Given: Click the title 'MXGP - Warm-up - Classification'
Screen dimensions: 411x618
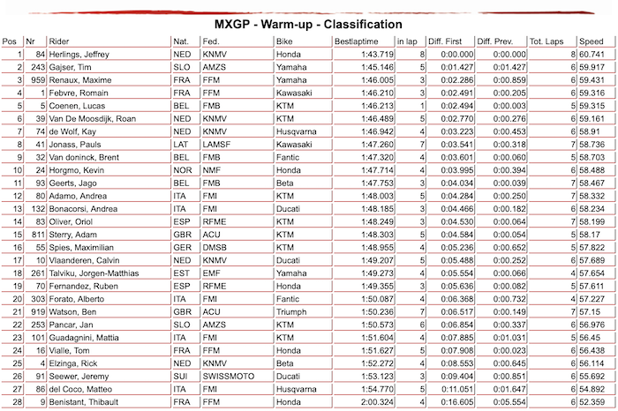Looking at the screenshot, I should pos(309,24).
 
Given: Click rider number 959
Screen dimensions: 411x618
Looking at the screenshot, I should pos(37,78).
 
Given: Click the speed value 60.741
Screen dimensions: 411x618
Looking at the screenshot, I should pos(591,54).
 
